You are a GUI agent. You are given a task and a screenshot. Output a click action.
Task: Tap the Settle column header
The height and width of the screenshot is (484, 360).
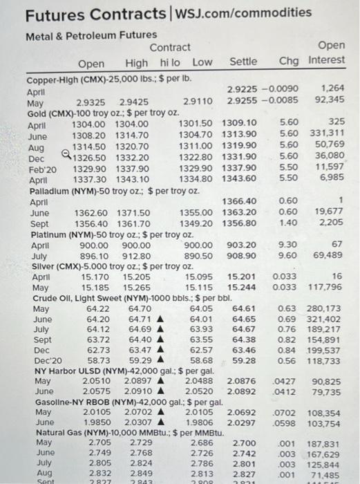(243, 63)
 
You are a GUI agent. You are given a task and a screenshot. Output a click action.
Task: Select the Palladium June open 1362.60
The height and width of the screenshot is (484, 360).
(91, 213)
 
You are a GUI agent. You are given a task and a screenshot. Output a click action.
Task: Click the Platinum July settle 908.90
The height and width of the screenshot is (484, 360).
(243, 257)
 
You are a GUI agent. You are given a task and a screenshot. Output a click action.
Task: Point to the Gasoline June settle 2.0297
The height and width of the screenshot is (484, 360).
(243, 422)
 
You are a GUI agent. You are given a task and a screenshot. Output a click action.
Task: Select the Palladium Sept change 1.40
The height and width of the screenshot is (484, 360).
(287, 223)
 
